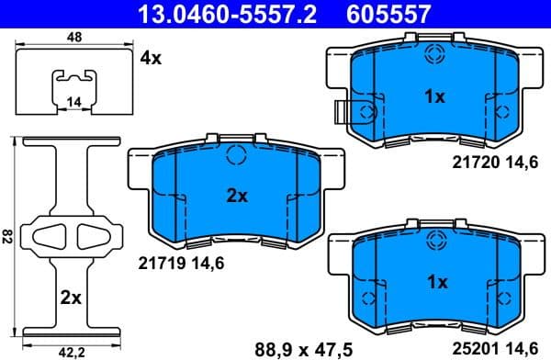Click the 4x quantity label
coord(151,57)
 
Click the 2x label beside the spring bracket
coord(70,298)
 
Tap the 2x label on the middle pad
coord(237,196)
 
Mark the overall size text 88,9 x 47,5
coord(291,346)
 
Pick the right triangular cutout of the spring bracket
coord(94,236)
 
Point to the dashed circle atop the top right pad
coord(433,54)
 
